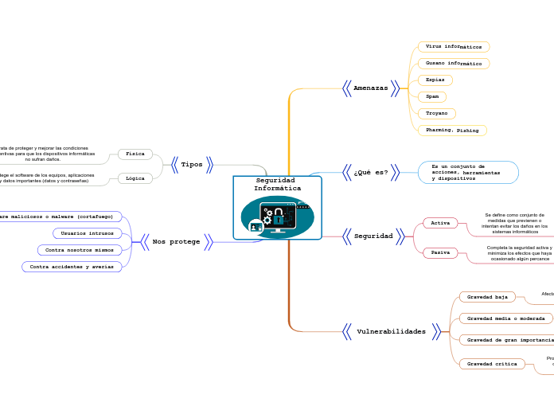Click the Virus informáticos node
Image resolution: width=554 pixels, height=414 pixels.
click(x=453, y=47)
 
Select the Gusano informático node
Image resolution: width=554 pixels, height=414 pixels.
click(x=453, y=63)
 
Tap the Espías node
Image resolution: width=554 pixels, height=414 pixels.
click(x=435, y=80)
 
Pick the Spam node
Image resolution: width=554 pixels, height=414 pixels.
click(x=432, y=96)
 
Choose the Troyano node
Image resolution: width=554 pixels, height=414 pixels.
click(x=437, y=114)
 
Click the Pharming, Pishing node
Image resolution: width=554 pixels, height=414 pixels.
click(x=452, y=130)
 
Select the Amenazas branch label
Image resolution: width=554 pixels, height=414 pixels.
click(x=370, y=88)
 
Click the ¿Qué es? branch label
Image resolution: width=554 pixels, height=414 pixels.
click(x=371, y=172)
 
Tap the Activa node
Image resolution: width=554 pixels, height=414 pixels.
click(x=440, y=223)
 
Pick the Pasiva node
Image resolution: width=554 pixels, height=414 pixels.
click(x=440, y=252)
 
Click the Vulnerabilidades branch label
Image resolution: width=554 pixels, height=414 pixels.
click(x=391, y=331)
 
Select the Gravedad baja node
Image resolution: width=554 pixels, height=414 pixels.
click(x=487, y=297)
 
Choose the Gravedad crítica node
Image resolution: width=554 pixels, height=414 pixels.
click(x=492, y=364)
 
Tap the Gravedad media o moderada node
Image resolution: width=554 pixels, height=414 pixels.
click(x=505, y=318)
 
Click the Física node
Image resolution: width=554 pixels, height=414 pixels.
click(x=135, y=154)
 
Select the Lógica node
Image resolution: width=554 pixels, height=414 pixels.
click(x=135, y=178)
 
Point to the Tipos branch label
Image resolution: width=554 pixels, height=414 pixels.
click(x=192, y=165)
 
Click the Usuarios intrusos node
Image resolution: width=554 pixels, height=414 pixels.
click(x=88, y=233)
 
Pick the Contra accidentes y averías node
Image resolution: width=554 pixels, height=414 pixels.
click(x=72, y=267)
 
